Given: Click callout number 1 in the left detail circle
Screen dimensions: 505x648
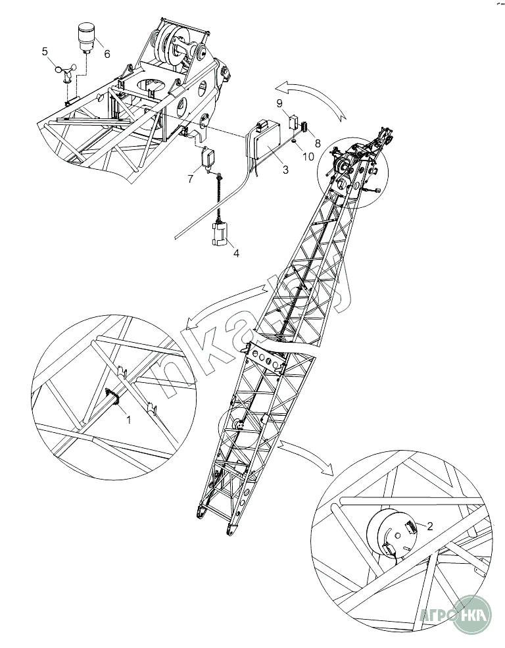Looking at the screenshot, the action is pos(129,419).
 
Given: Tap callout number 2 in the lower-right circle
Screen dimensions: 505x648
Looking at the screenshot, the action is pos(429,526).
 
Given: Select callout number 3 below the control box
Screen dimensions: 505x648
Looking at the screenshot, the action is pos(285,170).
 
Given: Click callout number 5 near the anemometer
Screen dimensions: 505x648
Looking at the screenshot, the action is pos(45,51).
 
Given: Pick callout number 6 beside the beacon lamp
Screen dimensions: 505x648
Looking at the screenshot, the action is pos(107,54).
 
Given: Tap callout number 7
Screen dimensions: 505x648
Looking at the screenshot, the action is pos(190,179).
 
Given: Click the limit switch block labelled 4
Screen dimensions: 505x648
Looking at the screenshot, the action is pos(221,234).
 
